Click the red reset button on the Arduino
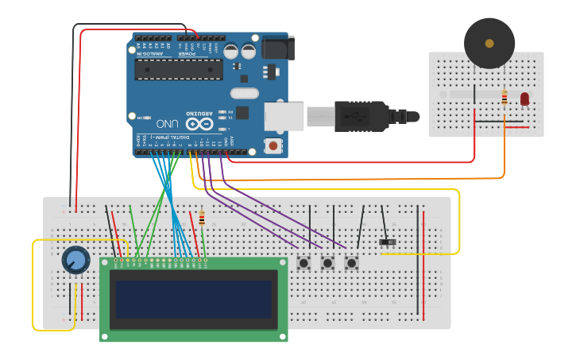coord(274,145)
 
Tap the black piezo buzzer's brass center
coord(489,43)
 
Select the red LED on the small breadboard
coord(524,99)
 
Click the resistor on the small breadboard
coord(504,98)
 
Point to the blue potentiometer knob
coord(75,259)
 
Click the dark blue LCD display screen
coord(193,299)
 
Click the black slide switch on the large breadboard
coord(388,242)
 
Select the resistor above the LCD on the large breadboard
coord(202,218)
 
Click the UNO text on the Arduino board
coord(168,124)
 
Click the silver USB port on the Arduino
coord(284,116)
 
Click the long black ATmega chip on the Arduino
coord(178,70)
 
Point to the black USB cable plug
coord(361,116)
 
